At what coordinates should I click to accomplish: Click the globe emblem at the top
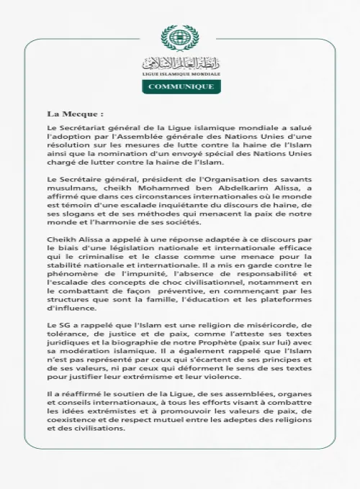[x=180, y=38]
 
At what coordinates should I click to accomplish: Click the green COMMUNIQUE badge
[x=180, y=86]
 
